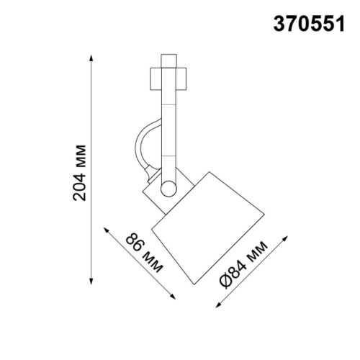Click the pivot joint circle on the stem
point(168,189)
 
